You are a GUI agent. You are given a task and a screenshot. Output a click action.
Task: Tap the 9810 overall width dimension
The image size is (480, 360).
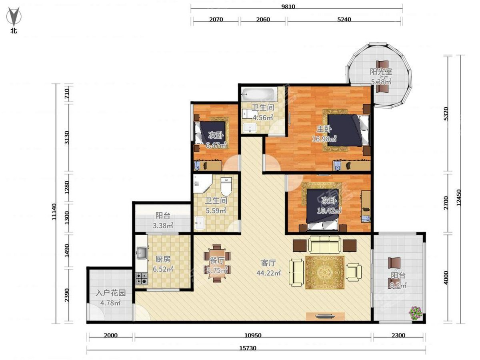[288, 6]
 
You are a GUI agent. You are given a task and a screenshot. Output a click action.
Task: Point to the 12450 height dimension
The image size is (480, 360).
[458, 197]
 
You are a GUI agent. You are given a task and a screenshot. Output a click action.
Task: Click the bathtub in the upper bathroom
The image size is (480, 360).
[259, 94]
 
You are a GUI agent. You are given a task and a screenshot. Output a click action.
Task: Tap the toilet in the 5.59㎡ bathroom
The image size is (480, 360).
[226, 186]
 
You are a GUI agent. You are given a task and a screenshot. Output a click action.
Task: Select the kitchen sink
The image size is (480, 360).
[142, 253]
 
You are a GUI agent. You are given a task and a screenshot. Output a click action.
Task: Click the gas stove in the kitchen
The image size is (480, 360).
[142, 278]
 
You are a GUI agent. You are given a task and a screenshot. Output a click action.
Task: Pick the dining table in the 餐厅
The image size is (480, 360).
[217, 263]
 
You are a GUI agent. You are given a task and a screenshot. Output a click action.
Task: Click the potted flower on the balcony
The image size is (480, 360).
[416, 312]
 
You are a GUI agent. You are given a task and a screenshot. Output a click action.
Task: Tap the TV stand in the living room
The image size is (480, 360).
[325, 316]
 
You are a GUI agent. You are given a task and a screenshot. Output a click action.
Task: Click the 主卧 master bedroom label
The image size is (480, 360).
[324, 129]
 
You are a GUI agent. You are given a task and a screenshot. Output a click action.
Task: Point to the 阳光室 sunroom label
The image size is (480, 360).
[381, 72]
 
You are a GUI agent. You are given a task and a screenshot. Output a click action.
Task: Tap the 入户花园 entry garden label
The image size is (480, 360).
[111, 293]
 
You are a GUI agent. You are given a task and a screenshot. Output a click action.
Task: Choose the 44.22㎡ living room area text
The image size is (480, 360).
[269, 273]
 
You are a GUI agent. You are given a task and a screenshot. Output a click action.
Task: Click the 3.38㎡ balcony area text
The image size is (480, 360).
[163, 225]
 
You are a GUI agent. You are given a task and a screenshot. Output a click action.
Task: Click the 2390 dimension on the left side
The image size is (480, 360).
[66, 295]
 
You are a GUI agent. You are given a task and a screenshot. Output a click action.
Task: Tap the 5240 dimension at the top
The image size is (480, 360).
[344, 20]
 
